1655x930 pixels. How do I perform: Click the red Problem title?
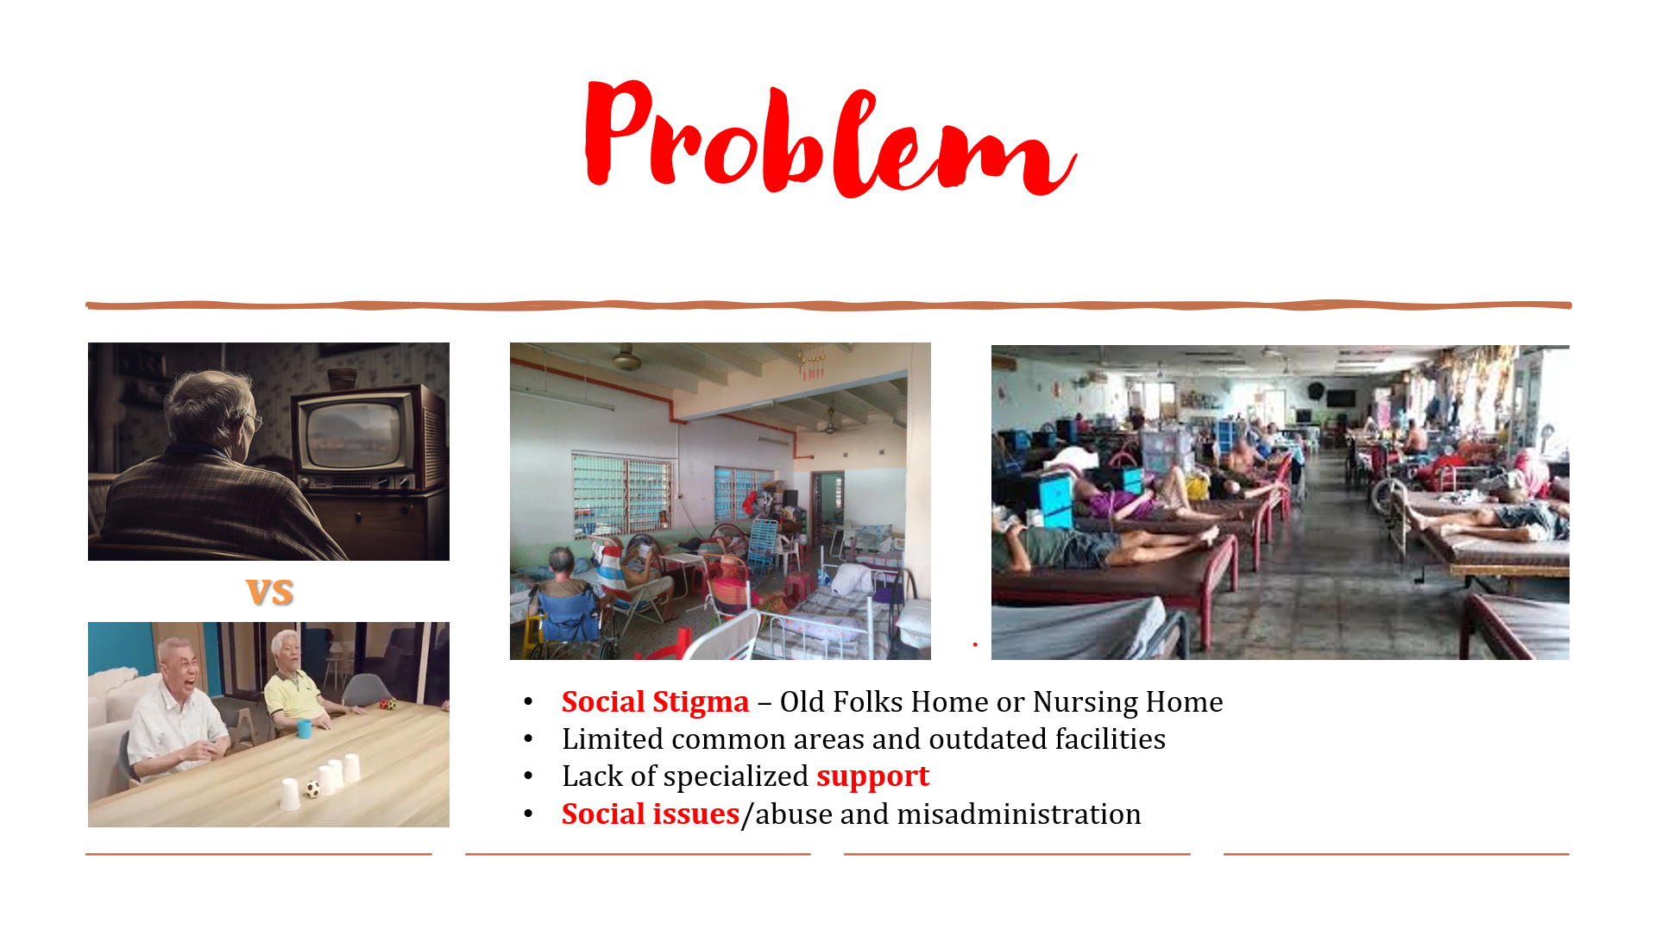pyautogui.click(x=830, y=138)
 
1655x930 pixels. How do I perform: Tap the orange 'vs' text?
pyautogui.click(x=270, y=592)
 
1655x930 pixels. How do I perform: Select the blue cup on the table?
pyautogui.click(x=304, y=728)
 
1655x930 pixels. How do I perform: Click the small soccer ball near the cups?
pyautogui.click(x=312, y=789)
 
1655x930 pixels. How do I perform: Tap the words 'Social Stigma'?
pyautogui.click(x=655, y=702)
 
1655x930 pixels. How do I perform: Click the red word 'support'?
pyautogui.click(x=872, y=776)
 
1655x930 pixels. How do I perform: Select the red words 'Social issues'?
pyautogui.click(x=651, y=814)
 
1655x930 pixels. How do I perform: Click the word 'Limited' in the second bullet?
pyautogui.click(x=613, y=739)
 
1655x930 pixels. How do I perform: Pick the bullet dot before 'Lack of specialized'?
pyautogui.click(x=528, y=776)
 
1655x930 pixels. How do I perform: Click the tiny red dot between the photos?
pyautogui.click(x=975, y=644)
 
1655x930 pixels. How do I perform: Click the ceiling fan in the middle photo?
pyautogui.click(x=626, y=357)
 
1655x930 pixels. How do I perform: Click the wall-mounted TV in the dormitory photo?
pyautogui.click(x=1340, y=398)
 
